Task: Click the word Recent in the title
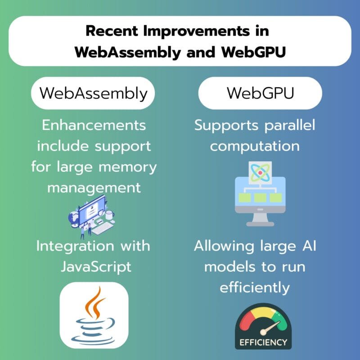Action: click(112, 31)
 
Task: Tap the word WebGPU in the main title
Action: click(254, 52)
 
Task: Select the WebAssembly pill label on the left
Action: click(93, 93)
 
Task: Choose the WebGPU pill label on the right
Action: click(260, 93)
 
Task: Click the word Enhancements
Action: click(94, 126)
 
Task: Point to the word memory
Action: click(128, 167)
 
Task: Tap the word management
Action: click(94, 188)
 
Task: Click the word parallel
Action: click(290, 126)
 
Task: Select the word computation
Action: click(255, 146)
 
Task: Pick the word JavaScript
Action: click(96, 267)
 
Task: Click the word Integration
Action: click(75, 246)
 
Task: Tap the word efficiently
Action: click(255, 288)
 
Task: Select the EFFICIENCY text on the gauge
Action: click(263, 342)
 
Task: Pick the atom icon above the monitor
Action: click(260, 173)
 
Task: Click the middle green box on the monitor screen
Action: click(260, 198)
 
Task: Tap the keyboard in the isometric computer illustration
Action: click(102, 229)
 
